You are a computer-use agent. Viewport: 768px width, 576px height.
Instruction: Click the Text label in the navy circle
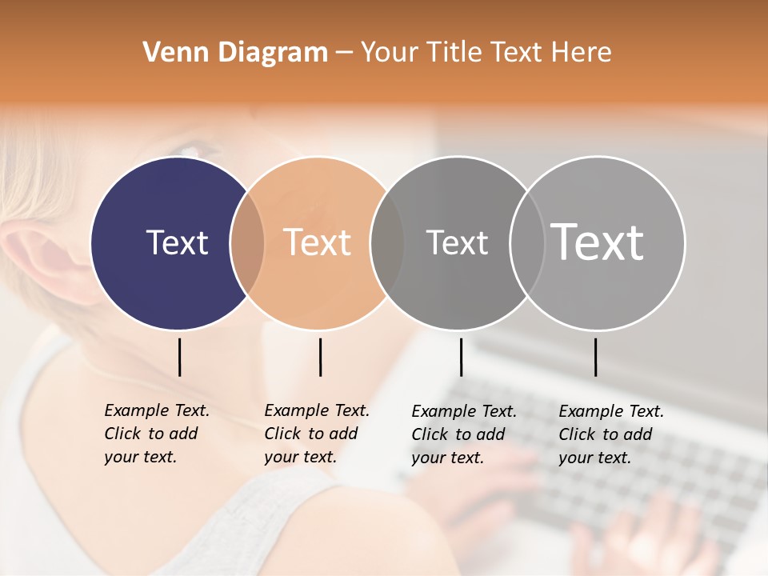pyautogui.click(x=177, y=242)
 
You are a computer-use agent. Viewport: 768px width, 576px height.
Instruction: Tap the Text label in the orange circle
pyautogui.click(x=318, y=242)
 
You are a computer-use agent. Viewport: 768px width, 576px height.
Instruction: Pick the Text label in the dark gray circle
pyautogui.click(x=457, y=242)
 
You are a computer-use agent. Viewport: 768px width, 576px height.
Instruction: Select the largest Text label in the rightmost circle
pyautogui.click(x=598, y=242)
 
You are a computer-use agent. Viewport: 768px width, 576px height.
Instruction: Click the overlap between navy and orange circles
pyautogui.click(x=247, y=243)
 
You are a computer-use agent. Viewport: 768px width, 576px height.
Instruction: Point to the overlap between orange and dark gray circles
pyautogui.click(x=387, y=243)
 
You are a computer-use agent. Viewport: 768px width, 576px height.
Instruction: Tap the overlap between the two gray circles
pyautogui.click(x=526, y=243)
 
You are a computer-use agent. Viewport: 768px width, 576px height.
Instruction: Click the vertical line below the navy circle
pyautogui.click(x=180, y=357)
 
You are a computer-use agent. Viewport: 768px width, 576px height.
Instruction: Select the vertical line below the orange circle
pyautogui.click(x=320, y=357)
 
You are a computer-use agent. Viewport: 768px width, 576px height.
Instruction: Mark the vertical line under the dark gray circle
pyautogui.click(x=461, y=357)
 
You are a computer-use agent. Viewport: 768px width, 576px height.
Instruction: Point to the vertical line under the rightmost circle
pyautogui.click(x=595, y=357)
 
